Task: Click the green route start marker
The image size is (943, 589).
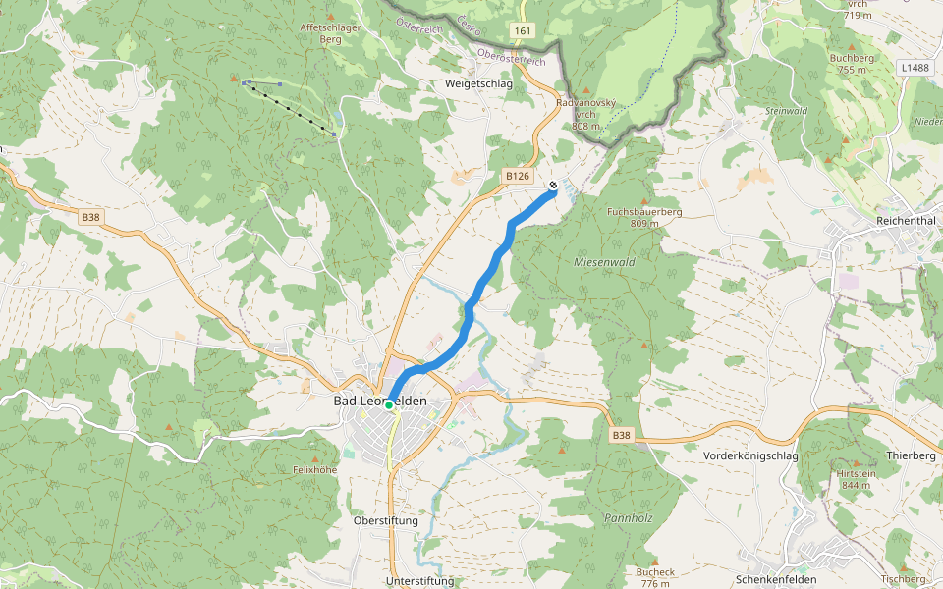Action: pyautogui.click(x=390, y=404)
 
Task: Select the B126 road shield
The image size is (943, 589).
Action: pyautogui.click(x=518, y=176)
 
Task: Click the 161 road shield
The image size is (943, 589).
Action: pyautogui.click(x=523, y=31)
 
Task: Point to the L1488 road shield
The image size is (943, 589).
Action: pyautogui.click(x=913, y=68)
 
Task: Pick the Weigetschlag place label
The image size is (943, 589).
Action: pyautogui.click(x=479, y=84)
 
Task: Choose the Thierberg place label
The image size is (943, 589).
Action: pyautogui.click(x=911, y=456)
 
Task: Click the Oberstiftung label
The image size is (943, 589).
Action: pyautogui.click(x=385, y=521)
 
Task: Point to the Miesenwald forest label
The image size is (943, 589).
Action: pyautogui.click(x=604, y=263)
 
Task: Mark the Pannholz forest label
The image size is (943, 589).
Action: pyautogui.click(x=629, y=516)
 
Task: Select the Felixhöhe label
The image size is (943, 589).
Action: pyautogui.click(x=315, y=470)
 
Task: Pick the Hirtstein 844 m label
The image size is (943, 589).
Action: pyautogui.click(x=855, y=479)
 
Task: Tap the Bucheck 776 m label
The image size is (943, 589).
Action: pyautogui.click(x=655, y=577)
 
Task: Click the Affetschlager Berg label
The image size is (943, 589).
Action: pyautogui.click(x=331, y=34)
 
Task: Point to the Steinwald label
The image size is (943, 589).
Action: pyautogui.click(x=787, y=111)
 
